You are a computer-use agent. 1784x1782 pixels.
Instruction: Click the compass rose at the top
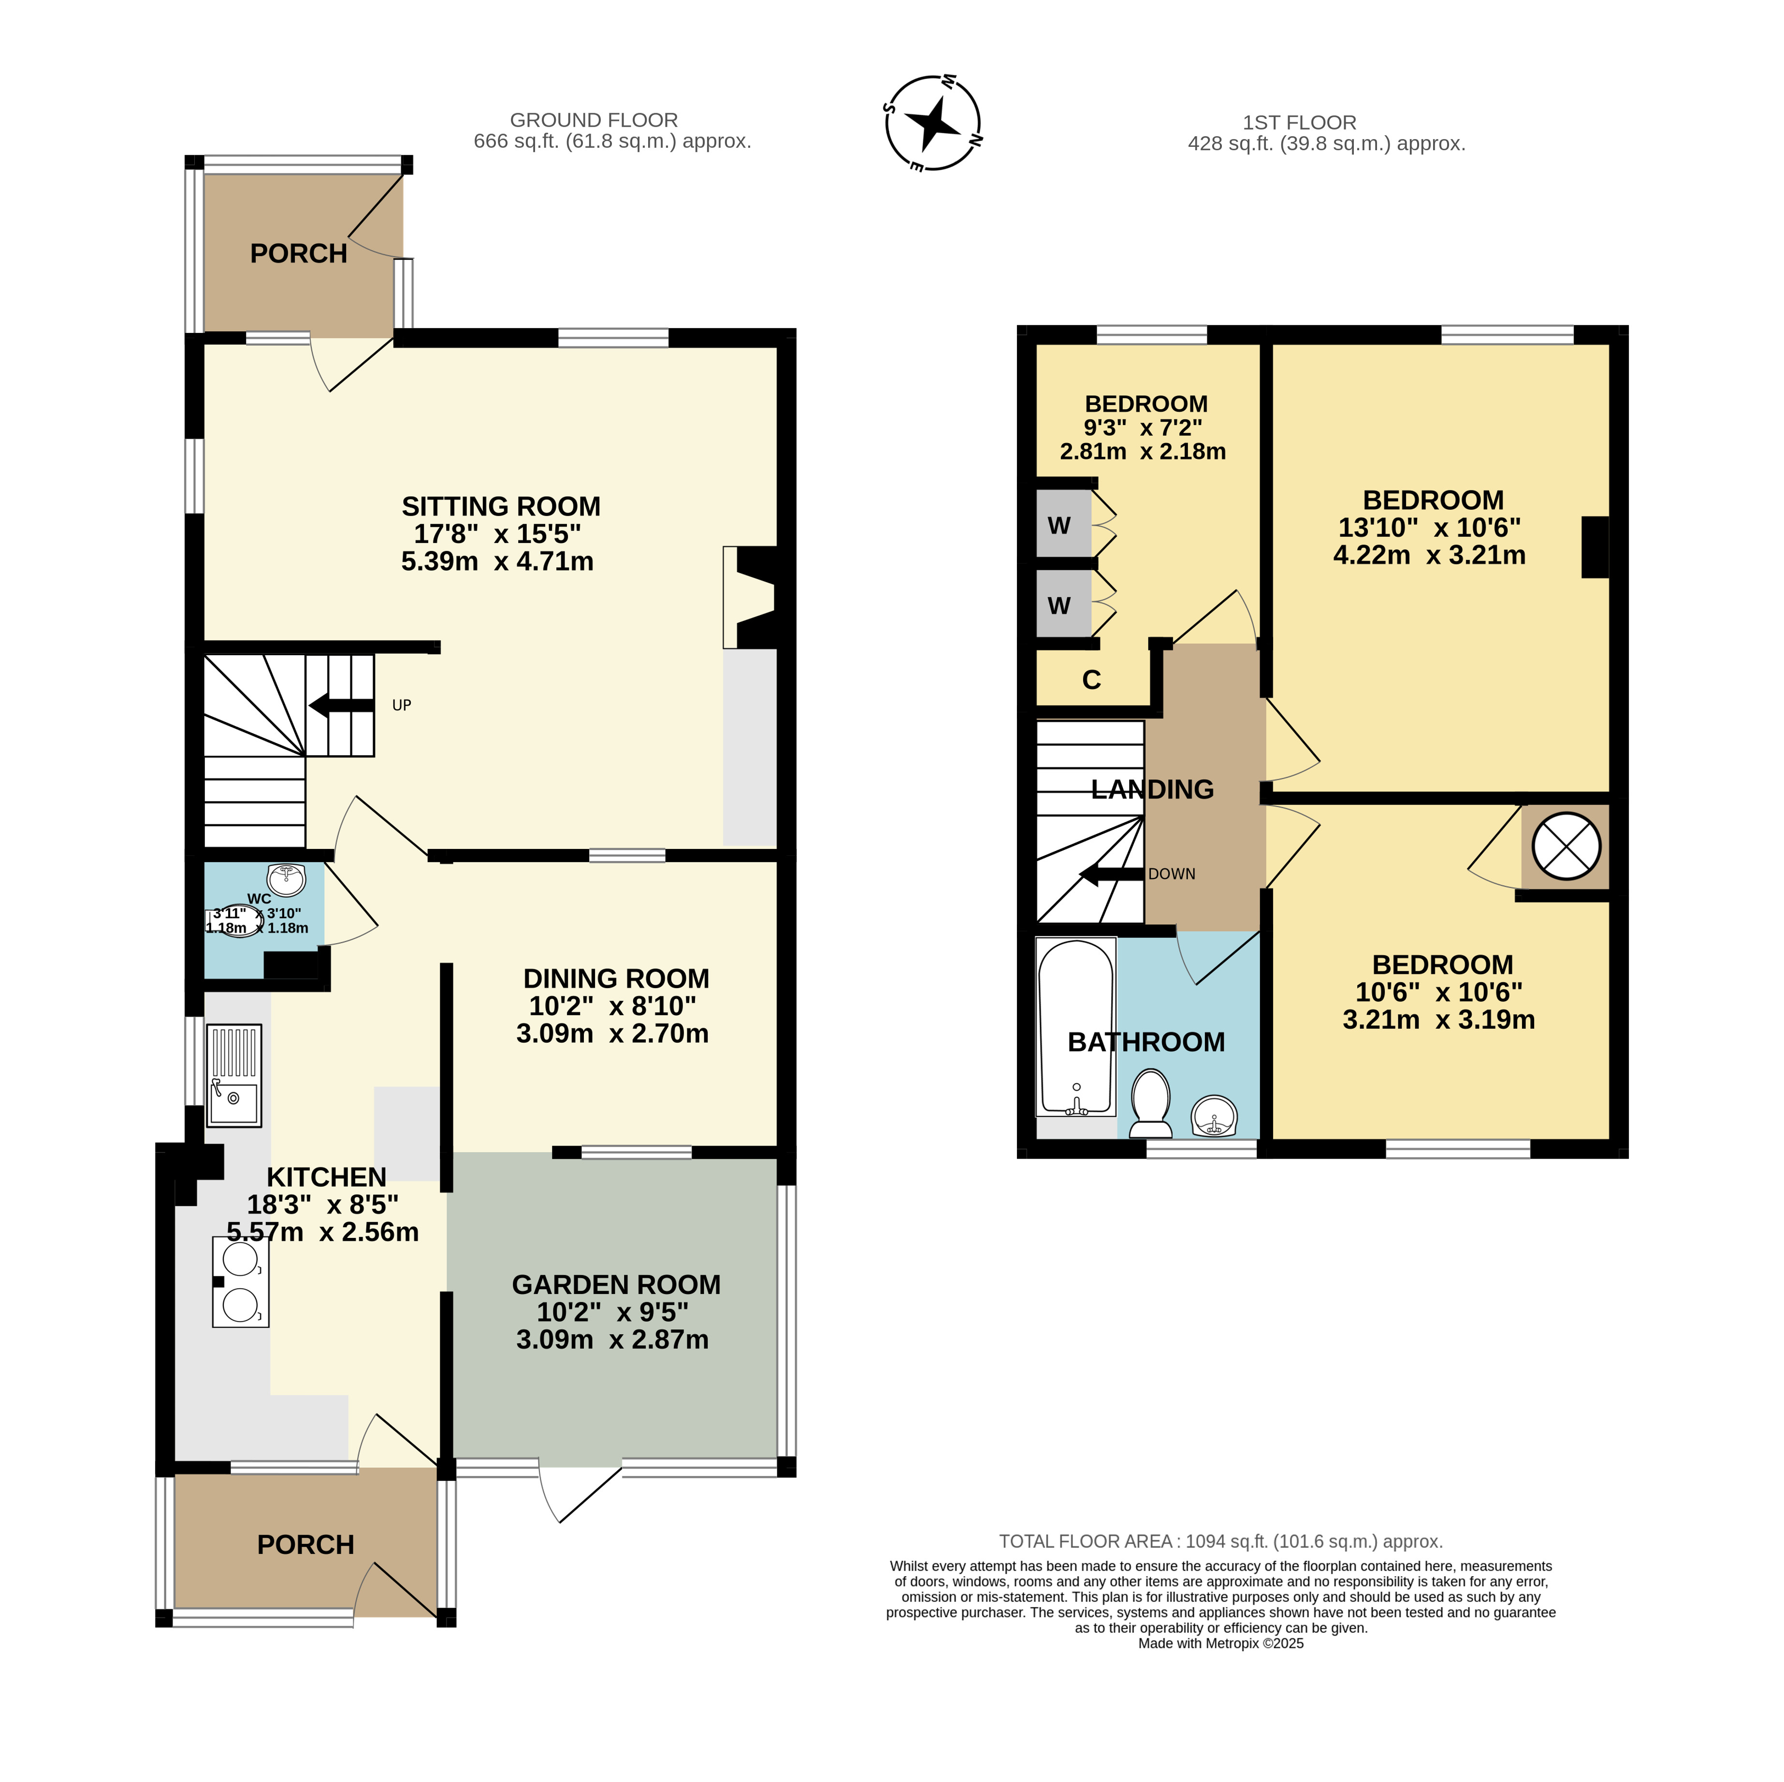(x=933, y=123)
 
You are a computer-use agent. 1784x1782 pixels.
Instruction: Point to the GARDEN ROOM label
(x=616, y=1284)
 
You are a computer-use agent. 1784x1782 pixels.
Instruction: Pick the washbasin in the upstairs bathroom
(x=1214, y=1116)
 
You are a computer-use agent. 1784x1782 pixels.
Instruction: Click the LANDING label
(x=1152, y=790)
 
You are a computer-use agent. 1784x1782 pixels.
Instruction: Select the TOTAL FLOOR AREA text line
(x=1221, y=1541)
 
